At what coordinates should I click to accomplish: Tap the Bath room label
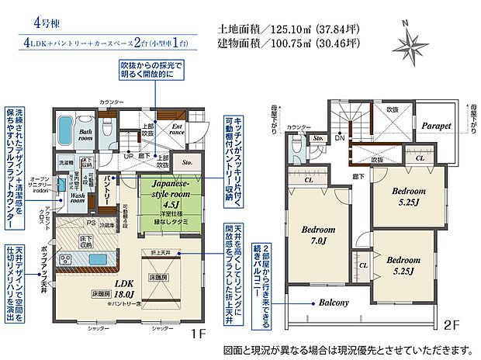[x=86, y=136]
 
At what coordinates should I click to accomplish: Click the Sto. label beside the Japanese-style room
[x=186, y=164]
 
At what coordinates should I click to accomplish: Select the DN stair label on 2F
[x=341, y=139]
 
